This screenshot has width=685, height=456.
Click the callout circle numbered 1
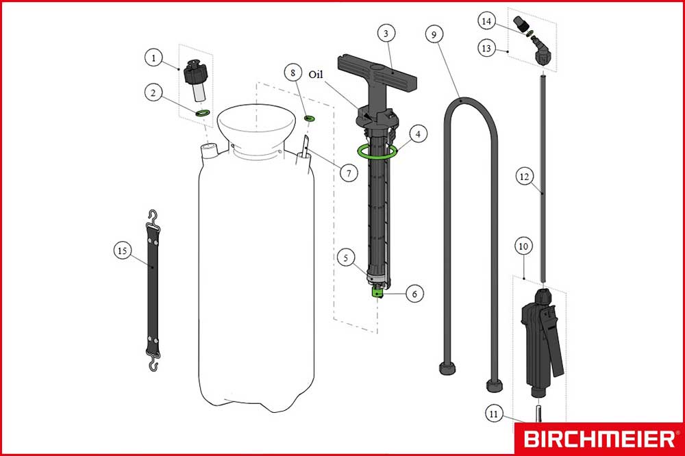[x=153, y=58]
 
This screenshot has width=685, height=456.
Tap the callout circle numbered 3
[x=386, y=33]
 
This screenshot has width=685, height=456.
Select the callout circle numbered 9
[x=434, y=34]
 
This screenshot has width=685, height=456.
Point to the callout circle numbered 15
[x=123, y=251]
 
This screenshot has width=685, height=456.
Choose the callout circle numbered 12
[x=524, y=177]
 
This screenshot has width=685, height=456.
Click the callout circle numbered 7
[x=349, y=173]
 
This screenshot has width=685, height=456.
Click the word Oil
[x=316, y=75]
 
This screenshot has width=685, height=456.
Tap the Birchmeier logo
[x=599, y=438]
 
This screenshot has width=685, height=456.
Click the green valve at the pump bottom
[x=377, y=292]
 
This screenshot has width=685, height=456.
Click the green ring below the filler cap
[x=203, y=113]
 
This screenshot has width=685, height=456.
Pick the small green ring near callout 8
[x=310, y=118]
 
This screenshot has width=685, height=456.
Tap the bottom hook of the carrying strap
[x=153, y=363]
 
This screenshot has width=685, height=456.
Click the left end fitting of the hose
[x=448, y=368]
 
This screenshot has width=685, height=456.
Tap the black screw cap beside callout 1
[x=195, y=72]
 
